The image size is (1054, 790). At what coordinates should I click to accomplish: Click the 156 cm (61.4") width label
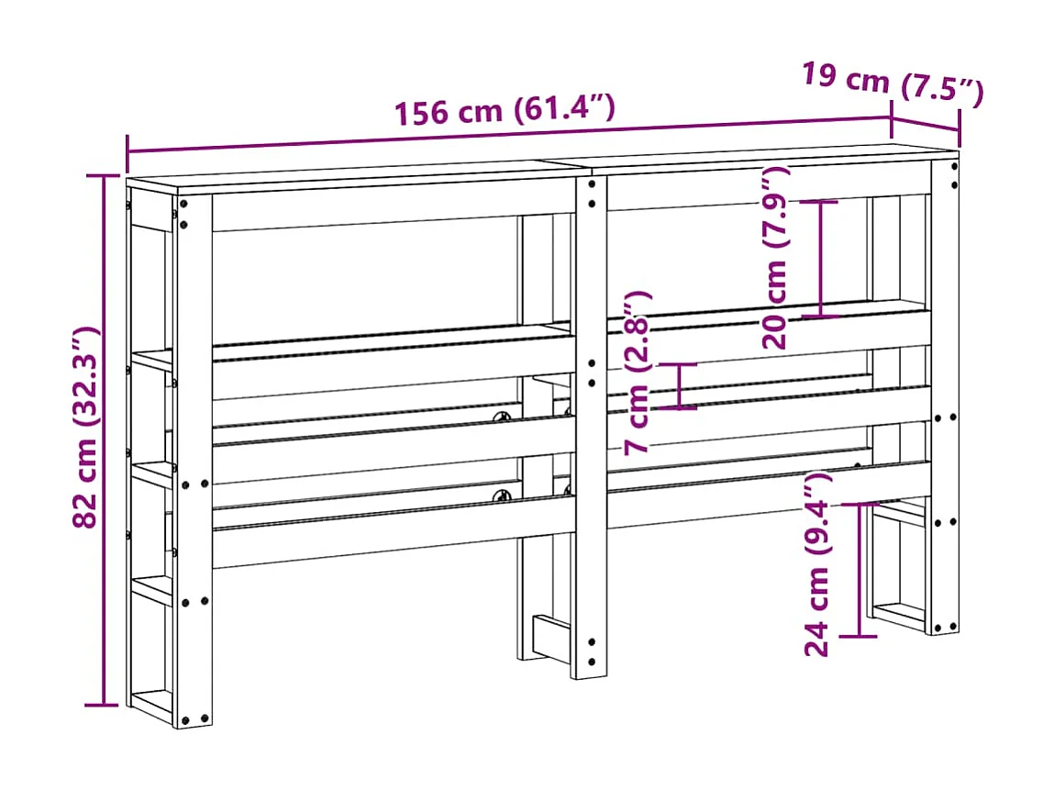point(504,110)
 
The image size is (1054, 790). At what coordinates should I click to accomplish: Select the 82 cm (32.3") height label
point(85,428)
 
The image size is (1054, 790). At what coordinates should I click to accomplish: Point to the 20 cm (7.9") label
point(776,257)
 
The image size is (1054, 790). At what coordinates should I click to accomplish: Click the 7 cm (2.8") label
point(637,372)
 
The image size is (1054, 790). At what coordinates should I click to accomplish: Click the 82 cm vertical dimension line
point(104,440)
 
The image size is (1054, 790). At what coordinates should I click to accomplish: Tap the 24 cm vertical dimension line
point(860,569)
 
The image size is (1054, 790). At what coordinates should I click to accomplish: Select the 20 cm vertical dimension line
point(821,259)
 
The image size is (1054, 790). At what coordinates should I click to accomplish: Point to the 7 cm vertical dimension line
point(679,385)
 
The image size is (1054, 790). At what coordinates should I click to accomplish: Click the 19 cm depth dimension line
point(926,120)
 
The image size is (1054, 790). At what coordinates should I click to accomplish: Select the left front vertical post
point(194,459)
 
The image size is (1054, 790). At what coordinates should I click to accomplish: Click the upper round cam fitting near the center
point(503,417)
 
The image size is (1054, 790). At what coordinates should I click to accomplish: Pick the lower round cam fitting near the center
point(503,496)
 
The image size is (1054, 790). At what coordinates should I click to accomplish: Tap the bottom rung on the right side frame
point(899,613)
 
